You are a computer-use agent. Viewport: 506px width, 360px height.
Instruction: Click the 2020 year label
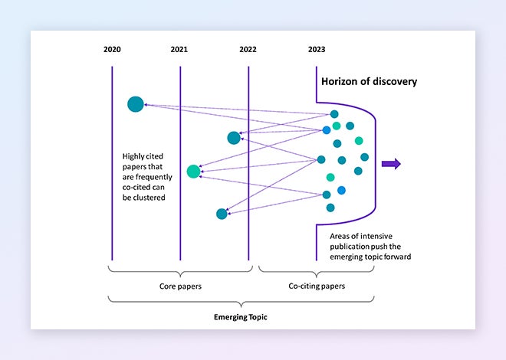[x=112, y=49]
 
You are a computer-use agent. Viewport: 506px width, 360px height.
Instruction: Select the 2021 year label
[x=179, y=49]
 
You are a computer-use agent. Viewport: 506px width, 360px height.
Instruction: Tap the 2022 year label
[x=248, y=49]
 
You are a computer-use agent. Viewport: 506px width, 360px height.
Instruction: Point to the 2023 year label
[x=317, y=49]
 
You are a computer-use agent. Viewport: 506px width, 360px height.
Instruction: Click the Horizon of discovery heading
[x=369, y=81]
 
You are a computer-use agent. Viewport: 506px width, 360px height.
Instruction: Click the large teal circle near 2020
[x=136, y=104]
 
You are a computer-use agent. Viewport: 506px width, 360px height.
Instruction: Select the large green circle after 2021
[x=194, y=171]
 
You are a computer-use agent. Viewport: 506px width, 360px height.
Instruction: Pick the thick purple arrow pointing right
[x=391, y=164]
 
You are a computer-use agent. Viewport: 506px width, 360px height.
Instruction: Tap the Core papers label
[x=180, y=286]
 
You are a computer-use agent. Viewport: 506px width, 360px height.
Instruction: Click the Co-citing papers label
[x=317, y=286]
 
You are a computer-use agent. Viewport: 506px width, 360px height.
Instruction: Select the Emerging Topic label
[x=241, y=317]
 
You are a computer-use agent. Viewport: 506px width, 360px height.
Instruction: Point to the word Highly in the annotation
[x=133, y=156]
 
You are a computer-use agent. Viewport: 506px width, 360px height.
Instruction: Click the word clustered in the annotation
[x=149, y=198]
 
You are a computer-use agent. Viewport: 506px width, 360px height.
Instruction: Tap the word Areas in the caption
[x=340, y=236]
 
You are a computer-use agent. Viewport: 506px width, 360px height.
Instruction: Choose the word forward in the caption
[x=399, y=257]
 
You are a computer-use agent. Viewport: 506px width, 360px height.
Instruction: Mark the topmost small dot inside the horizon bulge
[x=334, y=114]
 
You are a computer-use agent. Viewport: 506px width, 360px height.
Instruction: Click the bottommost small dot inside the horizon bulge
[x=330, y=208]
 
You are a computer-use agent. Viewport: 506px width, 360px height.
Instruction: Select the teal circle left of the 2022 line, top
[x=234, y=138]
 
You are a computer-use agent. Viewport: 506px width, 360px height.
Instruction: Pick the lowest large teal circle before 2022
[x=222, y=214]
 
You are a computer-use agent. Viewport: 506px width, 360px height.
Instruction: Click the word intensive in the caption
[x=376, y=236]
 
